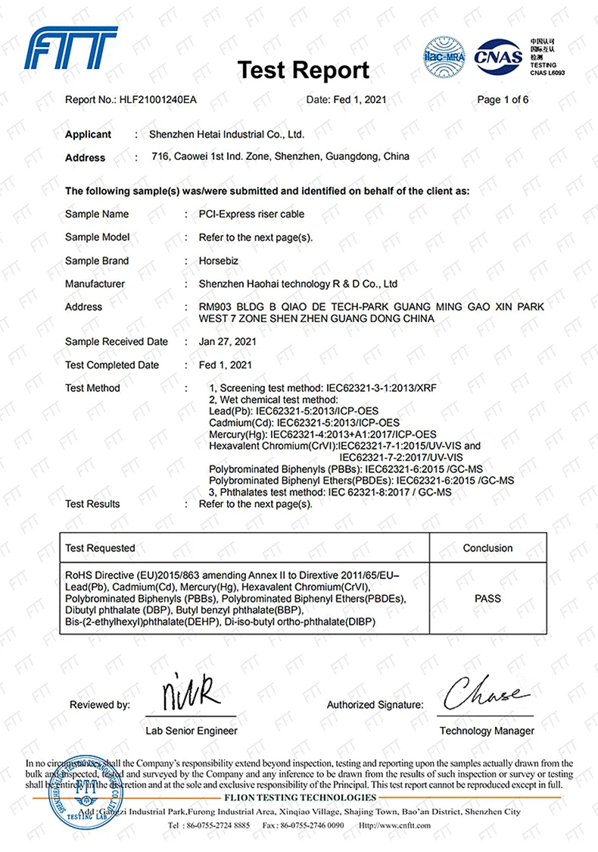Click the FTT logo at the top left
71,49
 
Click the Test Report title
304,70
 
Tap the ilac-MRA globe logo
445,56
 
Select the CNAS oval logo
498,55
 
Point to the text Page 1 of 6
503,100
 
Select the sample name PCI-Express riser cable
251,214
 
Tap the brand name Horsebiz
220,261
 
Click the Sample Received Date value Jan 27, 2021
228,342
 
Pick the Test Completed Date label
112,365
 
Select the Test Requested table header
100,548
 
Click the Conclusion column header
487,548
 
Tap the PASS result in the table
487,599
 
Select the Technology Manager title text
487,731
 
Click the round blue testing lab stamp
76,791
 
